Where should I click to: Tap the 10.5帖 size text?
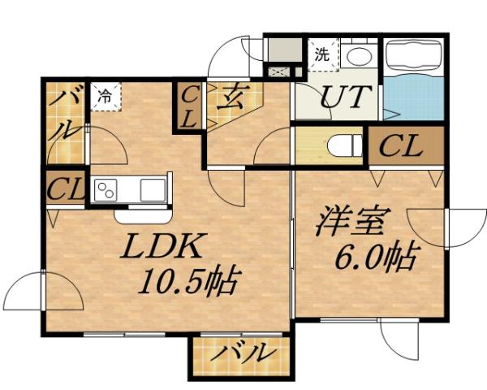coord(188,283)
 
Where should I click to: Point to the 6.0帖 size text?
coord(375,258)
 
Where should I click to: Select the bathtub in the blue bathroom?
coord(413,57)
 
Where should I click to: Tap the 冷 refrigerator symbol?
coord(106,94)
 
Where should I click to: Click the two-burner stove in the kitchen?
coord(106,190)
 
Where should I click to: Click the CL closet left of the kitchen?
coord(66,188)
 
